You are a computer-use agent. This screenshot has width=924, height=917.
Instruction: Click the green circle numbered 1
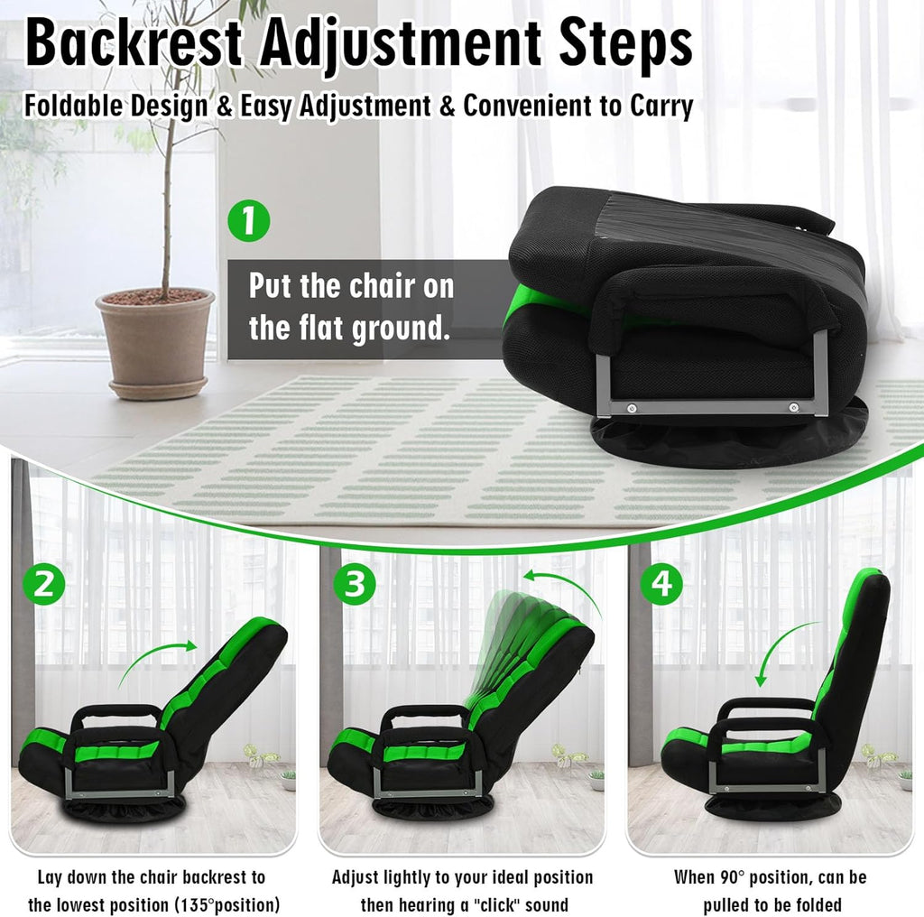click(249, 221)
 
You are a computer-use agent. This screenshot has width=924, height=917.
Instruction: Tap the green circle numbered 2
click(44, 584)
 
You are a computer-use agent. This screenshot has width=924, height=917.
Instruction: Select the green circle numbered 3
click(354, 584)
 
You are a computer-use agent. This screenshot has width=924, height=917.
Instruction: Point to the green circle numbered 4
click(662, 584)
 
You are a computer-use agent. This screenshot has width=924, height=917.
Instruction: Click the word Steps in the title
click(626, 43)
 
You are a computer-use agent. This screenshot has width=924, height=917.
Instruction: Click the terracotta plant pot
click(155, 343)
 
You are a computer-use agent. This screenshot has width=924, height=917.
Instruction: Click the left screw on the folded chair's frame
click(632, 407)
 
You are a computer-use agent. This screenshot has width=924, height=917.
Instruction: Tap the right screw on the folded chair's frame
click(794, 407)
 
